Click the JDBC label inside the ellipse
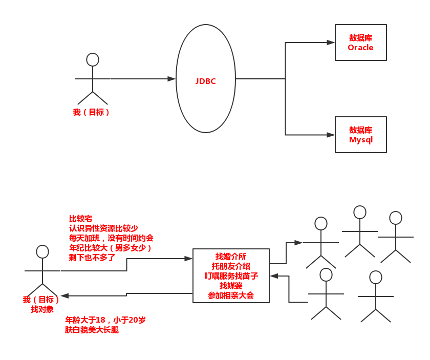205,81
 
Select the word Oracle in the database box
360,48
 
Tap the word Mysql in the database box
360,140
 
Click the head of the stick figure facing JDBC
93,59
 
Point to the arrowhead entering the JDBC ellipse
171,79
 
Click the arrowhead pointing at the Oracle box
331,43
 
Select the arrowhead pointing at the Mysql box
331,135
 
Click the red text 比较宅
80,219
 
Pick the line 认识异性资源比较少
103,228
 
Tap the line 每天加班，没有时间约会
111,238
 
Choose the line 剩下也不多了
92,258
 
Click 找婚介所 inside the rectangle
231,257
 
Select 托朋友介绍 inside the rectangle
231,266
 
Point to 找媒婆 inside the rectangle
231,286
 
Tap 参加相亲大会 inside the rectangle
231,295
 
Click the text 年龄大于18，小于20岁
105,320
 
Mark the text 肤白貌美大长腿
92,330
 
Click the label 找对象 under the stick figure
42,309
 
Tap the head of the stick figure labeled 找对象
42,251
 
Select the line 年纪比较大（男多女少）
111,248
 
